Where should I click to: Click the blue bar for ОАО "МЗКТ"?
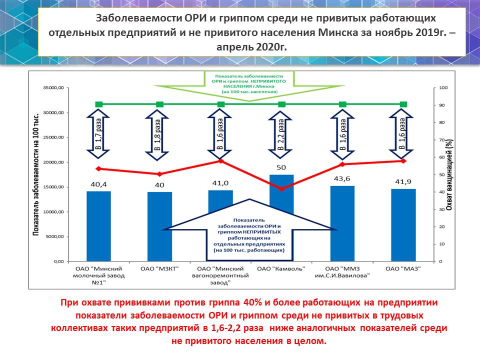[159, 226]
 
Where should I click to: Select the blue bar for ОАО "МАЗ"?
[403, 225]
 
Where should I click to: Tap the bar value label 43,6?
[342, 178]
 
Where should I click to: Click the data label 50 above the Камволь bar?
[281, 167]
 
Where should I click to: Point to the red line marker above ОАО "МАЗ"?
[403, 160]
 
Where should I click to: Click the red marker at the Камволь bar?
[281, 189]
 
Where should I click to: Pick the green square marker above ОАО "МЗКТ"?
[159, 104]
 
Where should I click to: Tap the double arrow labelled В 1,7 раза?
[98, 134]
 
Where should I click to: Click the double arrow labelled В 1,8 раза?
[157, 135]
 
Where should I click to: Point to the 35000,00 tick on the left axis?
[54, 88]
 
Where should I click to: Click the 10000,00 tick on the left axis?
[54, 212]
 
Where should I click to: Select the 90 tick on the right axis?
[441, 105]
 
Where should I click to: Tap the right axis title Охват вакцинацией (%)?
[449, 175]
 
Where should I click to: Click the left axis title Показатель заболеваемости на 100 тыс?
[36, 174]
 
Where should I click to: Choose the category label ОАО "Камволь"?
[281, 269]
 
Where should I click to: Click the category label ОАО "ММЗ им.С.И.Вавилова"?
[342, 272]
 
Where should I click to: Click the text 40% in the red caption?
[252, 302]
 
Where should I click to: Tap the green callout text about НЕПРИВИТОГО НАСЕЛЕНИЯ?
[248, 84]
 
